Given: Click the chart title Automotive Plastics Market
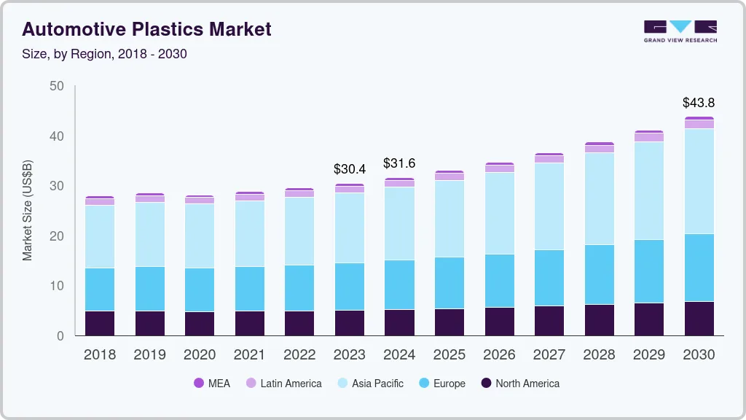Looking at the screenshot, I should (146, 30).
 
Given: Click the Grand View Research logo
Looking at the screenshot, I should (680, 31).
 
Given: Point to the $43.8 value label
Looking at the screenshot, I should (699, 103).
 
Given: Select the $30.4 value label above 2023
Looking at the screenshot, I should (350, 169).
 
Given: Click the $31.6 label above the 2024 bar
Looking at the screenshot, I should (399, 163).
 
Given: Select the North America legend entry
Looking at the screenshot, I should (519, 384).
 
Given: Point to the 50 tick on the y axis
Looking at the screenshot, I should (56, 87).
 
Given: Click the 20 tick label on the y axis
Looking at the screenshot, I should (56, 236).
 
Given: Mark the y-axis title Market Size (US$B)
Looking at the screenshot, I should (28, 211).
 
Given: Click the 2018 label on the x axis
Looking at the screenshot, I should (100, 355).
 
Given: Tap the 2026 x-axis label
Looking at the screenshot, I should (499, 355).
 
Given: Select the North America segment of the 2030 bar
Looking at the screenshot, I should (699, 319).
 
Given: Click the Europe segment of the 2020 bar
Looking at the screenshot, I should (200, 289).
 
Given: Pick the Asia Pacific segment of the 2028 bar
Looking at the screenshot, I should (599, 198).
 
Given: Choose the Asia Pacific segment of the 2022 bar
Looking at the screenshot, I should (299, 231).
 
